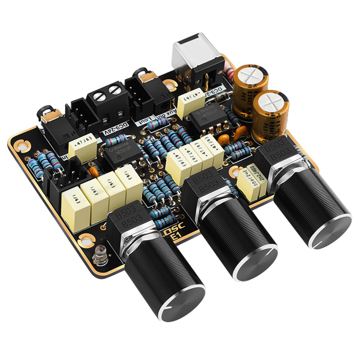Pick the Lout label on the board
(x=147, y=120)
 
